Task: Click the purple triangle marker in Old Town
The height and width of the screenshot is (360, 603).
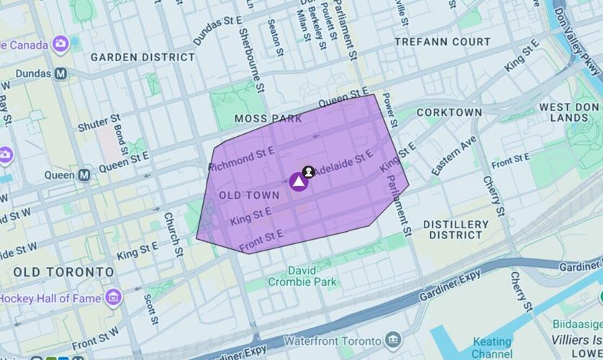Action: (x=299, y=181)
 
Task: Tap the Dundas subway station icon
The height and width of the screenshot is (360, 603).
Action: (x=61, y=73)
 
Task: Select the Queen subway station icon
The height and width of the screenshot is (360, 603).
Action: (x=85, y=174)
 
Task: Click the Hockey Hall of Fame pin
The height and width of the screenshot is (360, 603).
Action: (x=113, y=297)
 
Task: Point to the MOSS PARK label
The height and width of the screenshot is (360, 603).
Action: (x=268, y=118)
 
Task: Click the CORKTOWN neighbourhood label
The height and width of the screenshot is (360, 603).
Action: (x=449, y=112)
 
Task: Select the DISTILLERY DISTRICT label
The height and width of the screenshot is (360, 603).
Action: (x=456, y=230)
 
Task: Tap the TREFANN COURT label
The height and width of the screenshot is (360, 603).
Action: (x=443, y=42)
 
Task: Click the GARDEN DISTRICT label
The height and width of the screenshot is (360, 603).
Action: (x=142, y=57)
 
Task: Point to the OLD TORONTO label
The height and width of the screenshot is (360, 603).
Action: (x=63, y=272)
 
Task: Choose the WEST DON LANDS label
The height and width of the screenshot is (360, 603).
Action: (x=569, y=112)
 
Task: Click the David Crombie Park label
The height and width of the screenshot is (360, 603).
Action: (x=312, y=276)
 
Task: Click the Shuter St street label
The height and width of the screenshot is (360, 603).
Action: (x=99, y=123)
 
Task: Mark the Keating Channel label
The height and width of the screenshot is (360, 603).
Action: (x=492, y=347)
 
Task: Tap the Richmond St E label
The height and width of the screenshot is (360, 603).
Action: (x=242, y=159)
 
